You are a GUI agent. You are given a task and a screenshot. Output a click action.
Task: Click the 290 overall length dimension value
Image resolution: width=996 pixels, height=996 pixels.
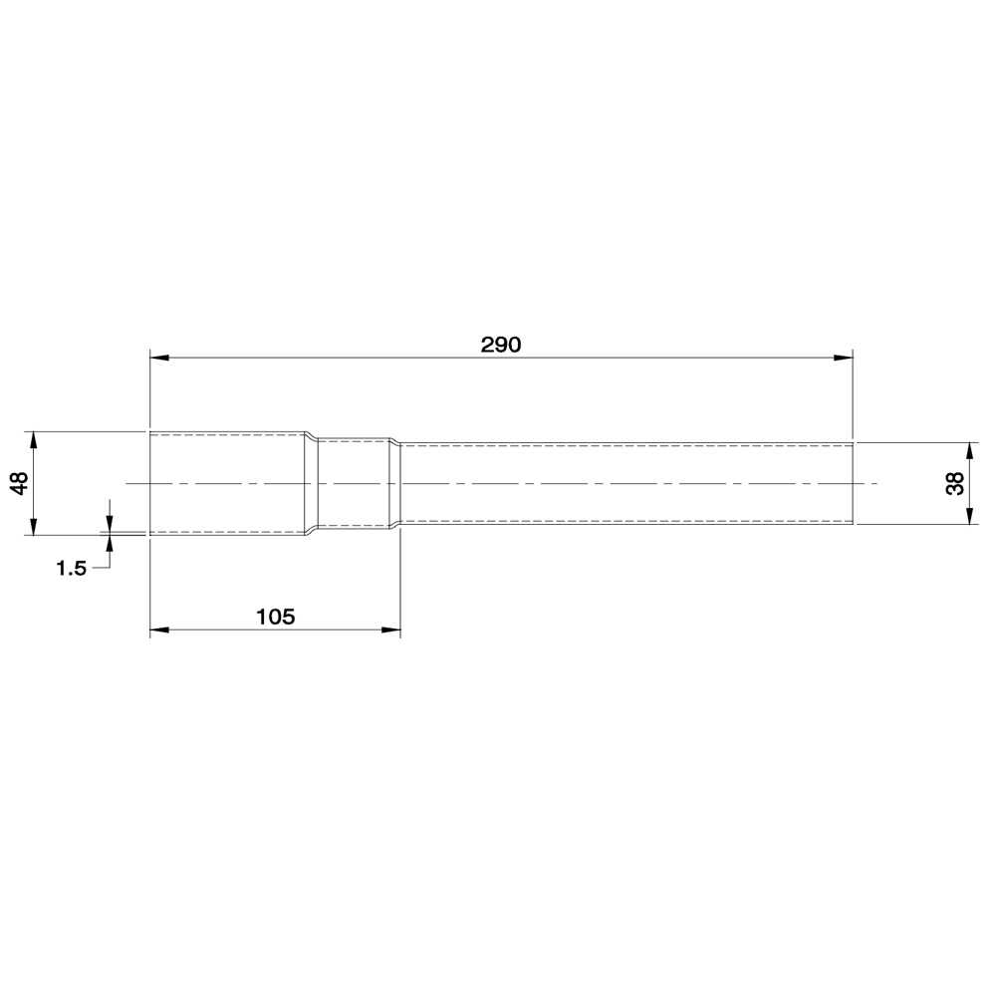click(x=501, y=345)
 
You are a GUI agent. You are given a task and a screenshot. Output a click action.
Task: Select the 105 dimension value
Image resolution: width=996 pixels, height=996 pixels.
click(x=275, y=617)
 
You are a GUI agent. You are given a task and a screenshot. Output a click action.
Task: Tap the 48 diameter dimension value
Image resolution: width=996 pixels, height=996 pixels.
click(x=20, y=483)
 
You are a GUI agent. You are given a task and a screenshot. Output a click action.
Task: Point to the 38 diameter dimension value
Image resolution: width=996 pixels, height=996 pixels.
click(x=955, y=483)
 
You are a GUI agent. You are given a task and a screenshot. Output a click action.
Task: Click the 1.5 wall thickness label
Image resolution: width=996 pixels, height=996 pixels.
click(x=71, y=568)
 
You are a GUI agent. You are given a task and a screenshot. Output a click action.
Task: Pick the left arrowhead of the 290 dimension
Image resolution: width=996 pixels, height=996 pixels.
click(x=159, y=358)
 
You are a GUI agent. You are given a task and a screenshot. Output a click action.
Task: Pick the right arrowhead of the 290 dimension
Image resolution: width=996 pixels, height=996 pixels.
click(x=843, y=358)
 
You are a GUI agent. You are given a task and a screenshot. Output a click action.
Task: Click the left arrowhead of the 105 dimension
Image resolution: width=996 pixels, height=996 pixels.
click(x=159, y=629)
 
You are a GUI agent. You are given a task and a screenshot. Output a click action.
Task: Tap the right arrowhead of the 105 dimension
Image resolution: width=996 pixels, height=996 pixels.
click(x=391, y=629)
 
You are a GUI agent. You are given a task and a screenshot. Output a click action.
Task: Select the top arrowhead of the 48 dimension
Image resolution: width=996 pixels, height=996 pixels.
click(x=33, y=441)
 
